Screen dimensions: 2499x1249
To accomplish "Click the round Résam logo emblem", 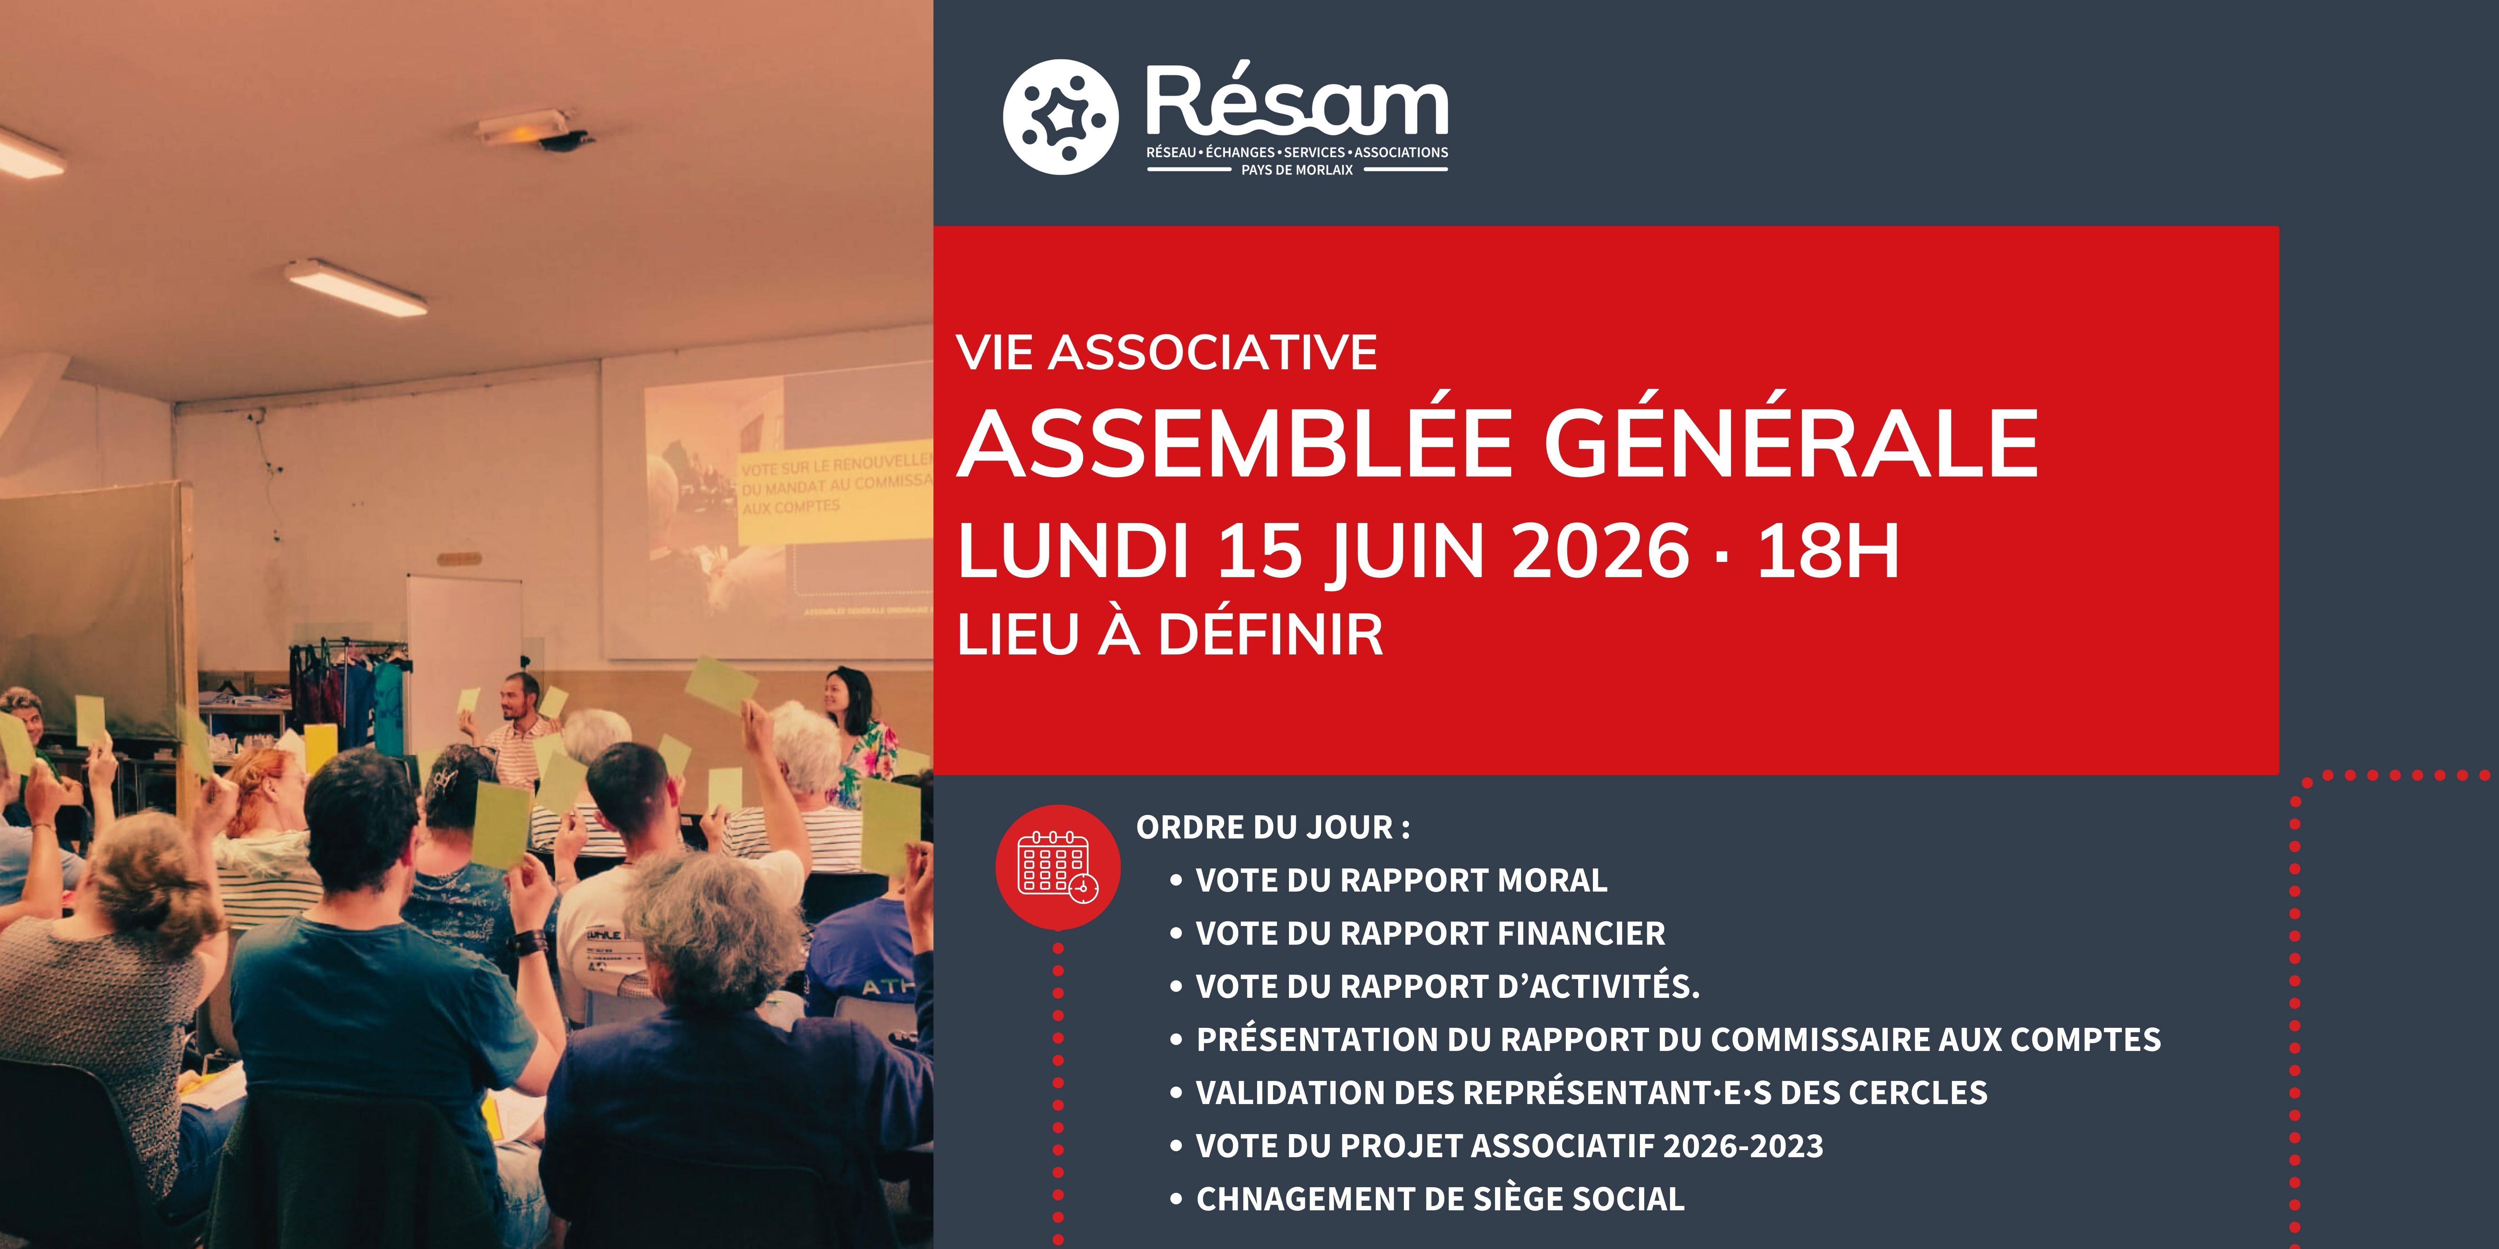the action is point(1060,116).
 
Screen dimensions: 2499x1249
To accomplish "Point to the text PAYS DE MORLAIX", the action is point(1297,170).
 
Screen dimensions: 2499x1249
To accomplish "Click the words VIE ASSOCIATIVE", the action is point(1166,352).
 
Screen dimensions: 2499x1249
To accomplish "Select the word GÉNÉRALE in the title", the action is point(1791,443).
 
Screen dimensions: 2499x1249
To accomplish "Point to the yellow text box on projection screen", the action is point(834,494).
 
